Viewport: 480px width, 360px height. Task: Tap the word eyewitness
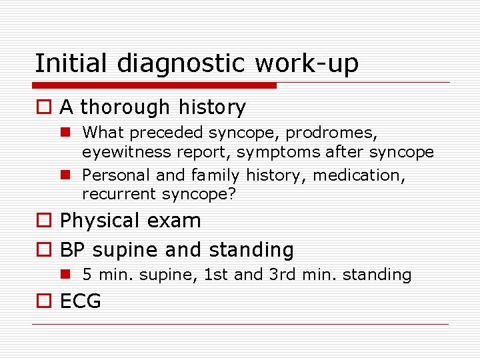(126, 152)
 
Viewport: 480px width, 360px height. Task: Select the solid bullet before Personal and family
(67, 175)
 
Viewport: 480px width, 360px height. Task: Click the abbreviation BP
(73, 250)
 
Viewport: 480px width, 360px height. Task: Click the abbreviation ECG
(81, 301)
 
